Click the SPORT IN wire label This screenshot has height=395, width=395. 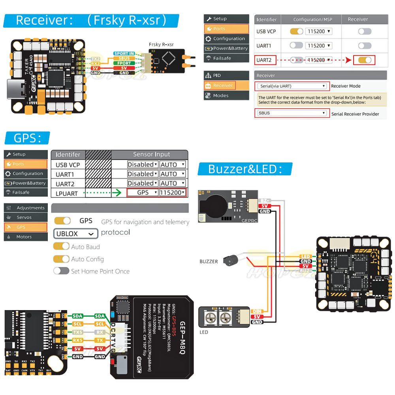(124, 53)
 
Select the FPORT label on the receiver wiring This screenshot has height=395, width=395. (124, 63)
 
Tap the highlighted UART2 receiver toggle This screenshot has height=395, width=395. (364, 60)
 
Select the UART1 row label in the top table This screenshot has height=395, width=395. (264, 46)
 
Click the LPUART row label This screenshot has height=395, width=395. (67, 193)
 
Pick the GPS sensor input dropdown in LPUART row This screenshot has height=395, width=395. (143, 193)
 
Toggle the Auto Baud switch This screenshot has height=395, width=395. (62, 246)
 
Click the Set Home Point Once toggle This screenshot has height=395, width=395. (62, 271)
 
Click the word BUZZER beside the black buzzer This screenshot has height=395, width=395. (208, 261)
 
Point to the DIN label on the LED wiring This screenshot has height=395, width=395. (257, 311)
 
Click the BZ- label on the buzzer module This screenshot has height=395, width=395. (265, 201)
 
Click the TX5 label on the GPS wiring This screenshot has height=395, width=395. (78, 332)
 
